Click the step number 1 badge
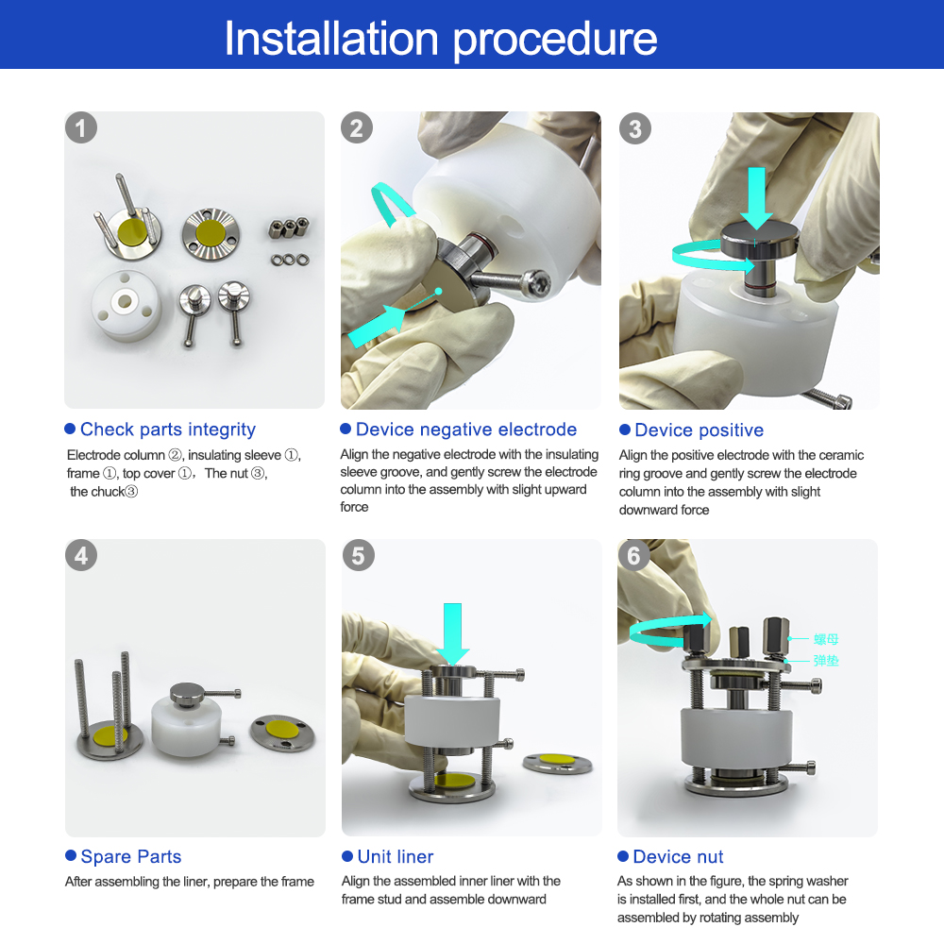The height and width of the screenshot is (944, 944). (81, 127)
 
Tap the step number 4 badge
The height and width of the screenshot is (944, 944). (81, 555)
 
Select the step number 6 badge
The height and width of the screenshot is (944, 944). (633, 555)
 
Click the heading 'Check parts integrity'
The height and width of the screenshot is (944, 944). (168, 430)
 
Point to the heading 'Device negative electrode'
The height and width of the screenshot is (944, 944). (466, 430)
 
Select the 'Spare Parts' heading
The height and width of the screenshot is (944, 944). (130, 856)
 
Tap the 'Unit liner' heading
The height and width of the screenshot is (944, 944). (395, 856)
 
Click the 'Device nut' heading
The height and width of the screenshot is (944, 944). (678, 856)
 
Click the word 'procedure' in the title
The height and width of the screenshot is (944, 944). (554, 40)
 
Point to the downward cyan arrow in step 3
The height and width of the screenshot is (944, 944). (756, 197)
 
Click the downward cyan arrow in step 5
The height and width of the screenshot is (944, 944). (452, 633)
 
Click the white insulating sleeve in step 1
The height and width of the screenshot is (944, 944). (126, 305)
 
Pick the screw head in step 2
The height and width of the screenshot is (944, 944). (535, 281)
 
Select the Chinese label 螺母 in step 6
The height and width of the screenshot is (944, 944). (826, 639)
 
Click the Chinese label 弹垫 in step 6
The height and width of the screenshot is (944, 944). (826, 661)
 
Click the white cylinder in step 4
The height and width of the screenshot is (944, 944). (186, 725)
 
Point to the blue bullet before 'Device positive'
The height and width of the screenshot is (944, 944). (624, 430)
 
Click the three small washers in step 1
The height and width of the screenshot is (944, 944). (290, 261)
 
